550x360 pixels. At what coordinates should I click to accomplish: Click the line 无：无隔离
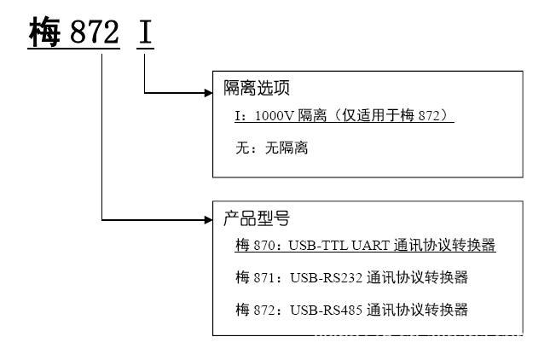[x=271, y=148]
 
